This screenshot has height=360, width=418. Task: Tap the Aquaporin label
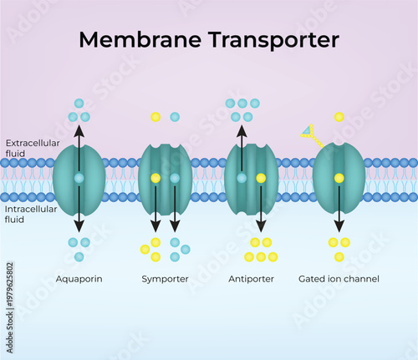[x=79, y=278]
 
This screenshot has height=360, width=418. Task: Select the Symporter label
[x=165, y=278]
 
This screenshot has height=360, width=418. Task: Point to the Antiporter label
[x=251, y=278]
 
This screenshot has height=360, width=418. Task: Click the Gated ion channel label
[x=339, y=278]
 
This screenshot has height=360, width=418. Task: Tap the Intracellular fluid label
[x=30, y=214]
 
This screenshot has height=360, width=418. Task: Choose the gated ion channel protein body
[x=323, y=178]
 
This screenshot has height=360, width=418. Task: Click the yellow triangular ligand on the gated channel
[x=307, y=130]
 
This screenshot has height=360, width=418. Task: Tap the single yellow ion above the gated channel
[x=339, y=117]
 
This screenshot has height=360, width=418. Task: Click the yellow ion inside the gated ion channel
[x=339, y=178]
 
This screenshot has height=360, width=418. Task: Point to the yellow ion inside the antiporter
[x=261, y=178]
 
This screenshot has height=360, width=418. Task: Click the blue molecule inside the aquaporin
[x=79, y=178]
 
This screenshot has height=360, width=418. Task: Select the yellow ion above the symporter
[x=155, y=117]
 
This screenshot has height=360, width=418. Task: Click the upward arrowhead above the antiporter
[x=242, y=130]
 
